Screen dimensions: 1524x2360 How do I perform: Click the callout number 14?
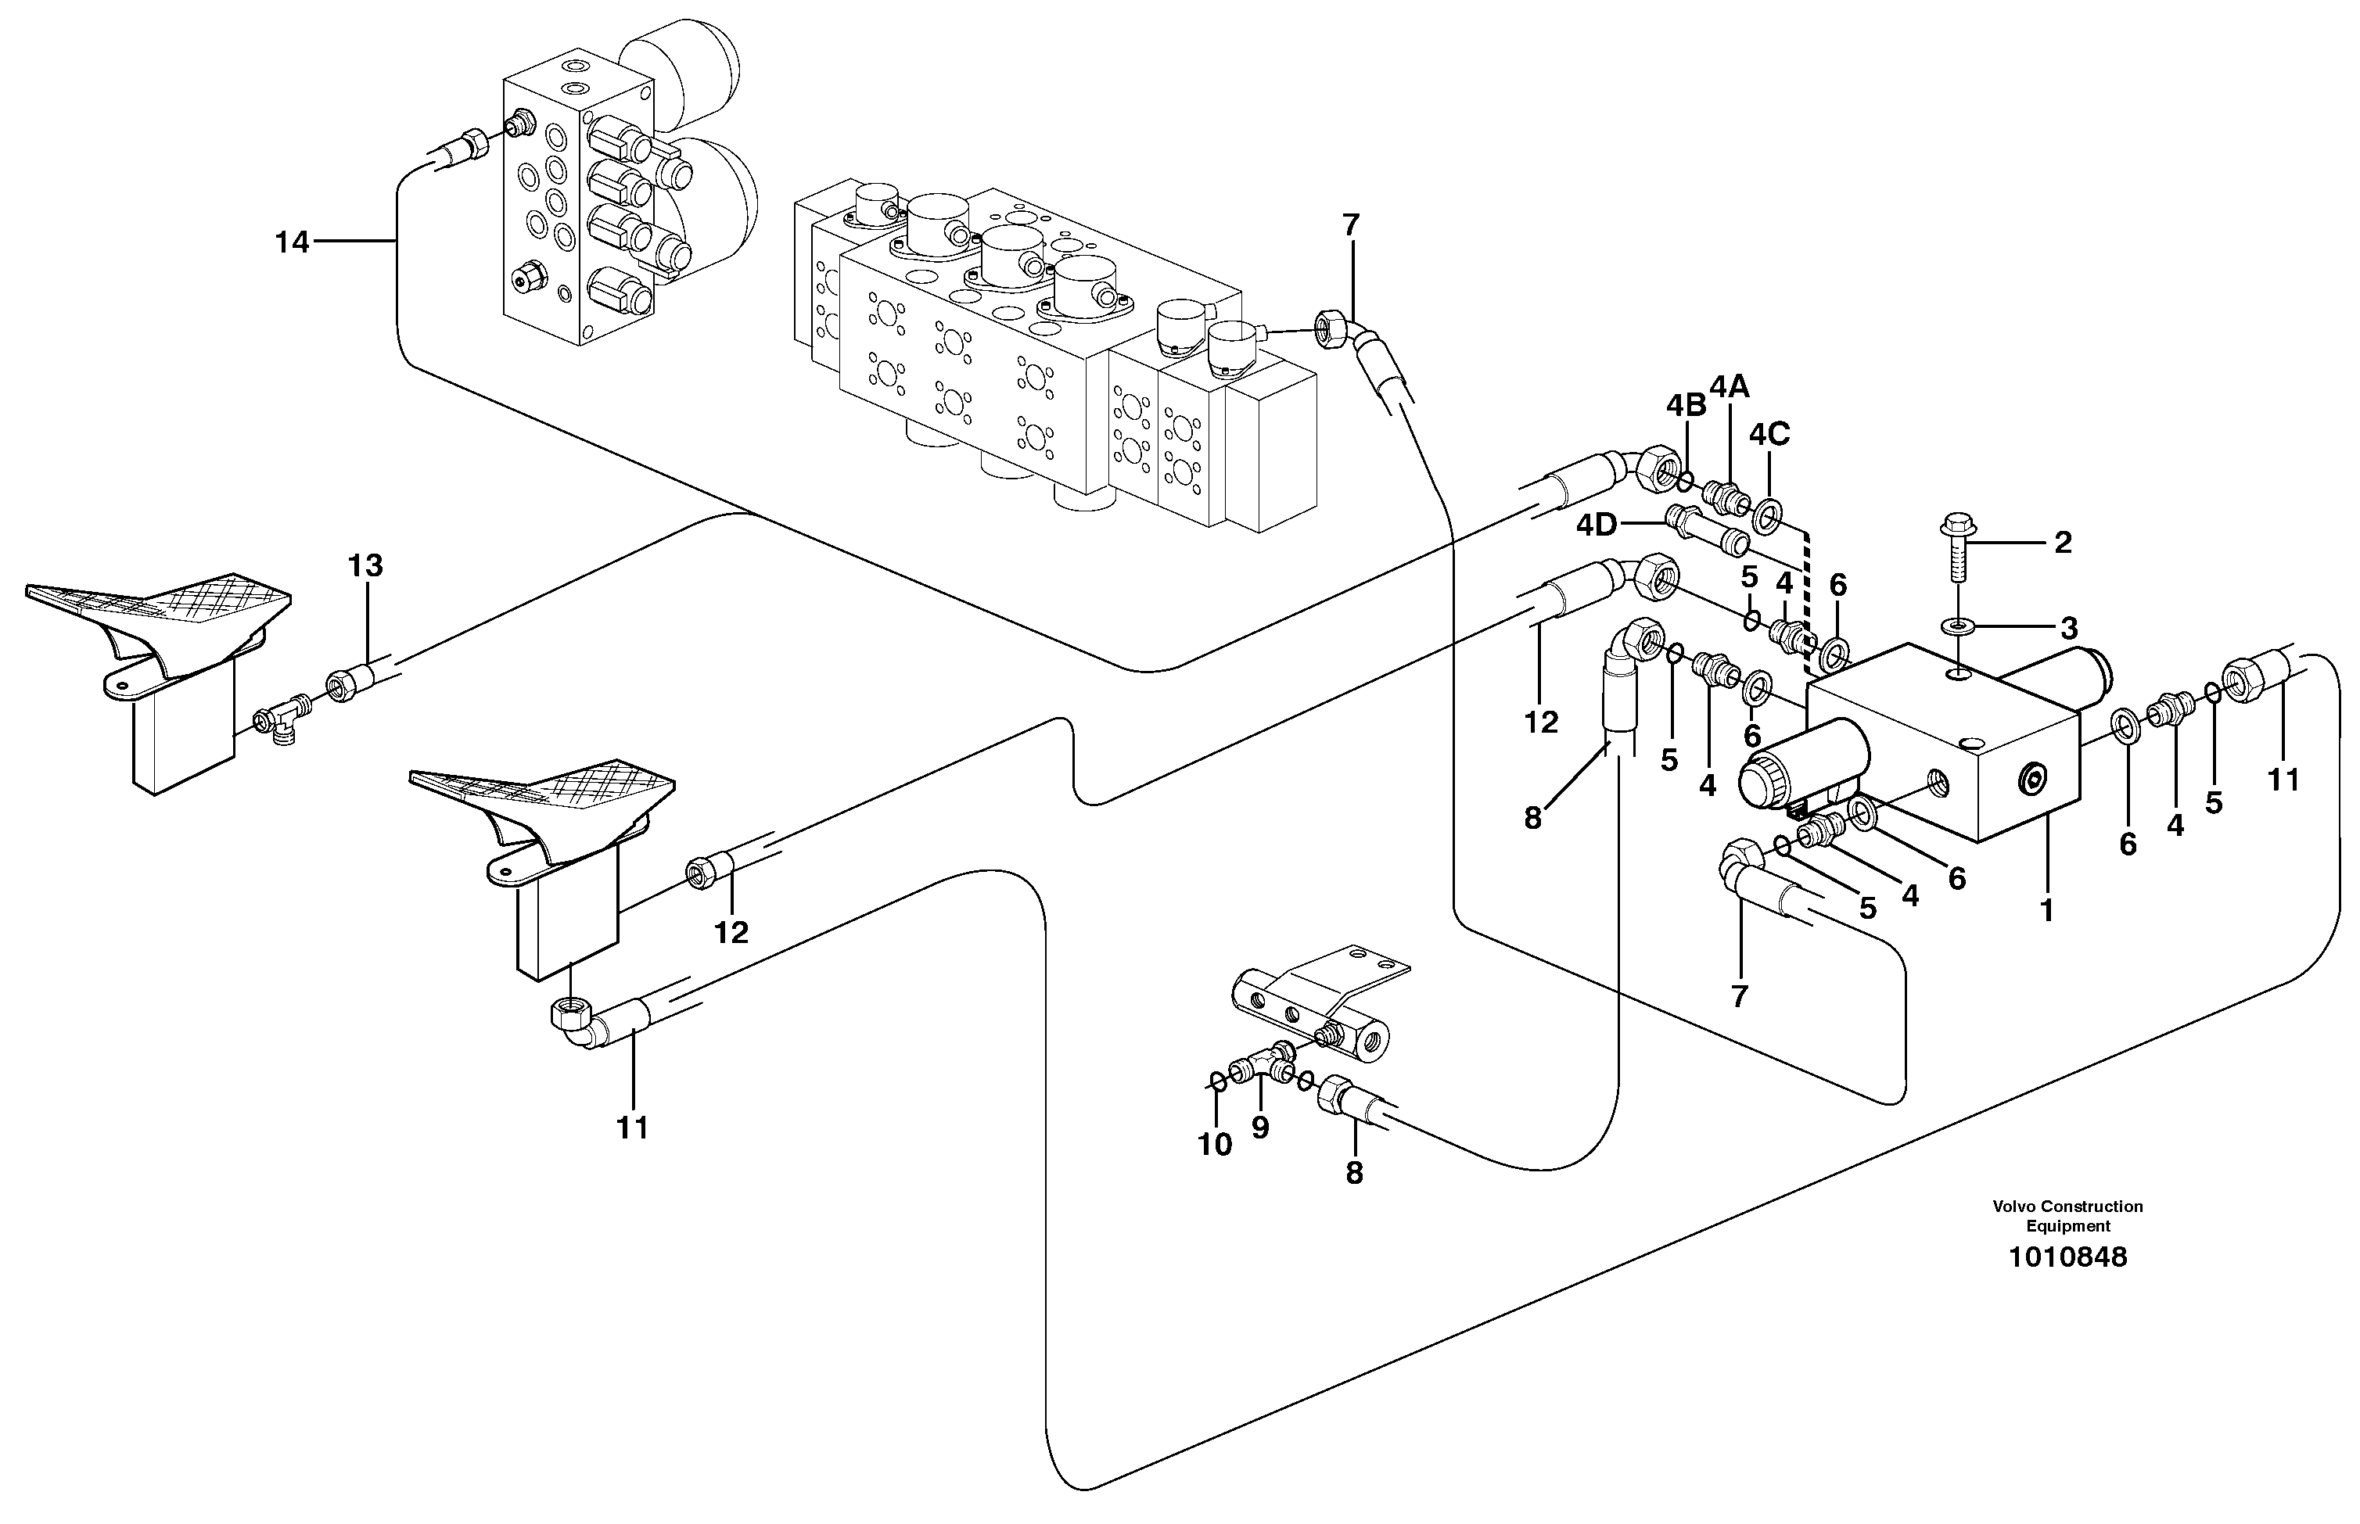[x=292, y=242]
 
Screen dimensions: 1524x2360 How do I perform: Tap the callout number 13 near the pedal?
[x=365, y=566]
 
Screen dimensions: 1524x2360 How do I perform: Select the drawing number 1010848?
[x=2067, y=1258]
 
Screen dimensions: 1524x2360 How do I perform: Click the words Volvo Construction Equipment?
[x=2067, y=1216]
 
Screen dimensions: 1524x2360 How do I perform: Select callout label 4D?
[x=1597, y=525]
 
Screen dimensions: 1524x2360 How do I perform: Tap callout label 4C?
[x=1769, y=435]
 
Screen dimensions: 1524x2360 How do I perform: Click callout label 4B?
[x=1686, y=405]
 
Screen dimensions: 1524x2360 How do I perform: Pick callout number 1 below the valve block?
[x=2047, y=909]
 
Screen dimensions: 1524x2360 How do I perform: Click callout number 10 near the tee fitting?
[x=1215, y=1144]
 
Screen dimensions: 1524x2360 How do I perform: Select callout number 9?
[x=1259, y=1128]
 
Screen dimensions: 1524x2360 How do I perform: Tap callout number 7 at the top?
[x=1351, y=226]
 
